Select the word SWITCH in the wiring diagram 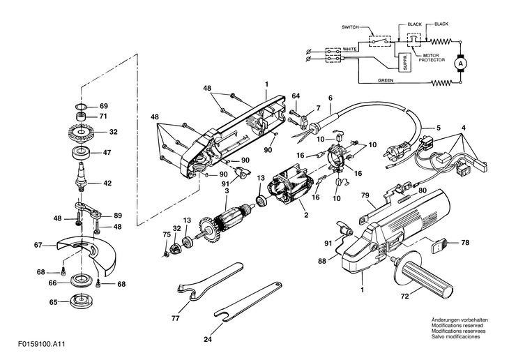[350, 27]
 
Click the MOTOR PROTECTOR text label [432, 58]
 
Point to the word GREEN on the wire [386, 80]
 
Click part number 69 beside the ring [104, 106]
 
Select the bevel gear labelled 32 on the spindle [81, 133]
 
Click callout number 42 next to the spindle [107, 183]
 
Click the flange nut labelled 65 [80, 302]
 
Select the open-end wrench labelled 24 [248, 301]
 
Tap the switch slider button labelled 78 [439, 245]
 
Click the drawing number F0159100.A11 [42, 344]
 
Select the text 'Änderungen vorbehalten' [459, 320]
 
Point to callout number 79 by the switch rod [365, 195]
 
